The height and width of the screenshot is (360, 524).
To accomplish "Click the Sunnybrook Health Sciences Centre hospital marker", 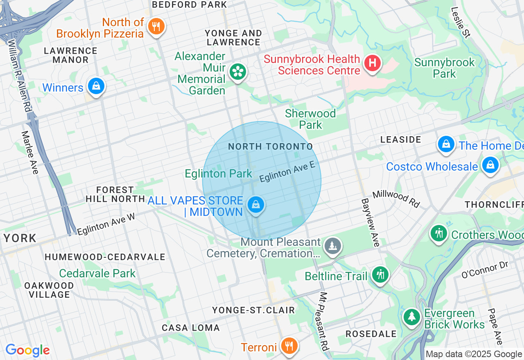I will pos(373,63).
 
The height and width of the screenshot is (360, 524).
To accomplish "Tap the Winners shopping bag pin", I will pos(96,86).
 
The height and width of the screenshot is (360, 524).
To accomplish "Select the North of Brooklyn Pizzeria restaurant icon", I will pos(156,26).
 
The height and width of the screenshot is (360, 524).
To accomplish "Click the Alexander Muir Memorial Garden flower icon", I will pos(237,72).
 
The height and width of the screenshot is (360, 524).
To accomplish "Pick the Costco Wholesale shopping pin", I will pos(490,165).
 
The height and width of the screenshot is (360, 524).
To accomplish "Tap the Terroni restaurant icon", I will pos(289,346).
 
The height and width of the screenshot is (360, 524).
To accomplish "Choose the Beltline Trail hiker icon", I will pos(381,274).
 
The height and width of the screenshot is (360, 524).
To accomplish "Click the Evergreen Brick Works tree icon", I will pos(412,317).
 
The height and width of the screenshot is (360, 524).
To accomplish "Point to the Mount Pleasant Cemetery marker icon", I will pos(332,246).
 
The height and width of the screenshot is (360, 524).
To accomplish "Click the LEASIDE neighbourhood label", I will pos(400,139).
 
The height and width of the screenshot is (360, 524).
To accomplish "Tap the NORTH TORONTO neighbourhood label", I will pos(270,146).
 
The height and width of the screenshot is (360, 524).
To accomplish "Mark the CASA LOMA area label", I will pos(191,328).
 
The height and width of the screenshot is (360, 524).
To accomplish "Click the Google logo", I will pos(27,351).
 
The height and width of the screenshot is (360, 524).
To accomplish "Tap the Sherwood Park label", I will pos(311,119).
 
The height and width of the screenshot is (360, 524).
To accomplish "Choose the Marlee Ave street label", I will pos(29,152).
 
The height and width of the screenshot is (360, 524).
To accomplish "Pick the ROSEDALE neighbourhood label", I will pos(371,334).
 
